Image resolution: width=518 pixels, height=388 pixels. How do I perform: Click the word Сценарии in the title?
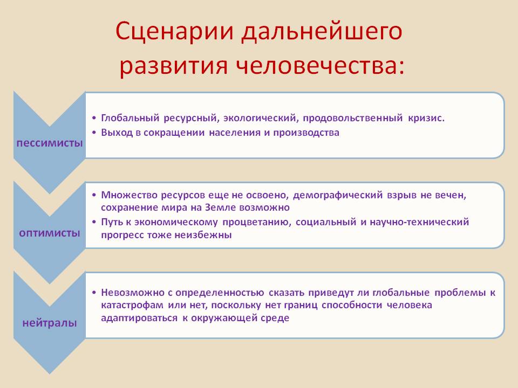click(175, 32)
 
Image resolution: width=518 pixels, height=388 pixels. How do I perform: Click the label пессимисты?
click(50, 143)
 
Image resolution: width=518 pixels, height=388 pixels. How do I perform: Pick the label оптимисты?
click(50, 233)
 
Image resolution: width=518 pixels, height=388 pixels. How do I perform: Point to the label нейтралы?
click(50, 323)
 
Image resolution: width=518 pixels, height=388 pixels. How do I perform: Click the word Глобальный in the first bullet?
click(130, 118)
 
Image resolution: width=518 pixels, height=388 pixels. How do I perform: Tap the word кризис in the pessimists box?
click(426, 118)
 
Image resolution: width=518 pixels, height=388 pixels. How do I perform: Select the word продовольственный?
click(353, 118)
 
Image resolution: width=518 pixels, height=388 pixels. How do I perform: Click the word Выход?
click(117, 133)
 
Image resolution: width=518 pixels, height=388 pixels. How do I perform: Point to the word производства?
click(306, 133)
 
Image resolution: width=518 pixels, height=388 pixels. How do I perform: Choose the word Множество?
click(129, 195)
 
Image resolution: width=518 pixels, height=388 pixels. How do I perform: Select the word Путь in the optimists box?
click(112, 221)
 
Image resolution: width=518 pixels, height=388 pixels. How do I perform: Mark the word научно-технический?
click(419, 221)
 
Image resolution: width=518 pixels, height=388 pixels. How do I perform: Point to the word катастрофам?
click(132, 305)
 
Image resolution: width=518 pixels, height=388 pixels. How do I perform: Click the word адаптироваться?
click(139, 318)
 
